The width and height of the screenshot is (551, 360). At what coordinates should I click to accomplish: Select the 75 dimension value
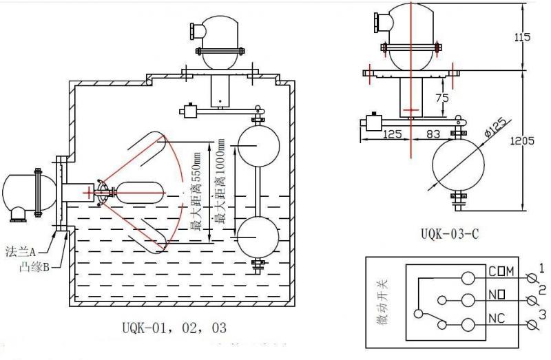[x=444, y=98]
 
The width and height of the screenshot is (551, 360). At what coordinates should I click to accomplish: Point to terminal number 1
[x=541, y=268]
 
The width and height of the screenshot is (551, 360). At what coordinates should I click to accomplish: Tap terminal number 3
[x=541, y=316]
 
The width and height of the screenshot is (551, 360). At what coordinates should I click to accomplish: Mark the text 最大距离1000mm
[x=220, y=181]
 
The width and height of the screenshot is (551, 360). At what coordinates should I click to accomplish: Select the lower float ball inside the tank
[x=258, y=235]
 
